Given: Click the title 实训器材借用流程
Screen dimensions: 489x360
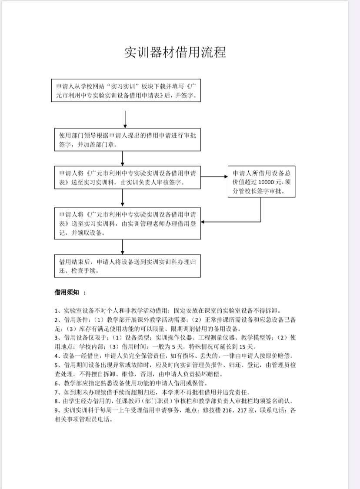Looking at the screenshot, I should [x=175, y=52].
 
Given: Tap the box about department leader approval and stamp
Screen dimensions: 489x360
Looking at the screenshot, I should [x=127, y=140].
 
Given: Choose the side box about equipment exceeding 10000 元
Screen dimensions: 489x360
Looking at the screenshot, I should [x=260, y=182].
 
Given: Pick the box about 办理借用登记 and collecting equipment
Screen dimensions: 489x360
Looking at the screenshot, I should [x=127, y=223].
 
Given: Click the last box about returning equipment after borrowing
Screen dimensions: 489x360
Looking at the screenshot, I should [x=127, y=266].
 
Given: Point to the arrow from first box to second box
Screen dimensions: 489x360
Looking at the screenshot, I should [x=125, y=119].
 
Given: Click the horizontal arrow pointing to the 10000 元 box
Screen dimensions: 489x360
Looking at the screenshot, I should [x=214, y=176].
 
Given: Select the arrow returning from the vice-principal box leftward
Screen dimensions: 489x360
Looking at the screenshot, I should [x=230, y=222].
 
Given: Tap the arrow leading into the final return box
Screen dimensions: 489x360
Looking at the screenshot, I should [x=123, y=247].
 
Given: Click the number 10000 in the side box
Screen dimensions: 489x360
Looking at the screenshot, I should [x=267, y=182].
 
